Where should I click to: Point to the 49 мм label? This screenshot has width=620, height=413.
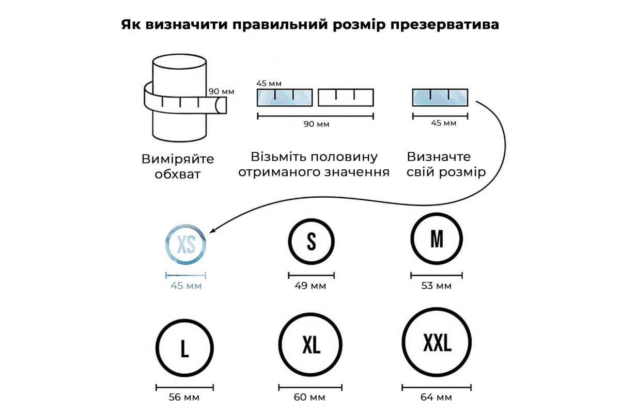pyautogui.click(x=311, y=285)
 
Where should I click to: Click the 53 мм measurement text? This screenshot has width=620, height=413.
pyautogui.click(x=436, y=285)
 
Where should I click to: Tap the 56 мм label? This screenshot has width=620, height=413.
pyautogui.click(x=184, y=397)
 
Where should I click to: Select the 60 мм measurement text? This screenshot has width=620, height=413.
pyautogui.click(x=309, y=397)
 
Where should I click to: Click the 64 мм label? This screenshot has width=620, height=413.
pyautogui.click(x=436, y=397)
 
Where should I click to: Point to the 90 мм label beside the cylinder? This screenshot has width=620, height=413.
pyautogui.click(x=222, y=91)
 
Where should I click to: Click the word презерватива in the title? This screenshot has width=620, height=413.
pyautogui.click(x=445, y=25)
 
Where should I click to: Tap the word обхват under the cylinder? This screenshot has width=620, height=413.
pyautogui.click(x=177, y=174)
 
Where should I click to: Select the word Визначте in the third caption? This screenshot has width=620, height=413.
pyautogui.click(x=439, y=157)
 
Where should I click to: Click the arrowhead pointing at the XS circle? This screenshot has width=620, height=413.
pyautogui.click(x=212, y=231)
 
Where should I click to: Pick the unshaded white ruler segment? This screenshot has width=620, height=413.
pyautogui.click(x=346, y=98)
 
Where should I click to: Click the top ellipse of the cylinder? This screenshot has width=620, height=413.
pyautogui.click(x=179, y=55)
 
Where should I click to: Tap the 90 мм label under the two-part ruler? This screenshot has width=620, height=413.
pyautogui.click(x=316, y=124)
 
